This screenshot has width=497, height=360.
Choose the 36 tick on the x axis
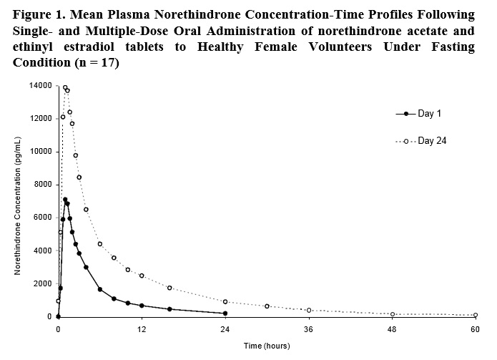point(309,330)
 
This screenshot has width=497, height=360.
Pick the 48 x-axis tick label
point(392,330)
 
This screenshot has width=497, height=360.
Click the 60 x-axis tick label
point(476,330)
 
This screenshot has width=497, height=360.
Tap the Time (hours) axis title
point(267,346)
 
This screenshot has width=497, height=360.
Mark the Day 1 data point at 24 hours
point(225,313)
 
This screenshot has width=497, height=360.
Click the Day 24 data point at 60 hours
point(476,315)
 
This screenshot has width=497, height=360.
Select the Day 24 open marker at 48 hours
point(392,314)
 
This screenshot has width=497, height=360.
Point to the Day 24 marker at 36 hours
point(309,310)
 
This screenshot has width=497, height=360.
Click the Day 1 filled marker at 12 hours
point(142,306)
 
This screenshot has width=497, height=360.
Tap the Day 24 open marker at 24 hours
point(225,301)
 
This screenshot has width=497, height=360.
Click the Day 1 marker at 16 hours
point(169,309)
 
